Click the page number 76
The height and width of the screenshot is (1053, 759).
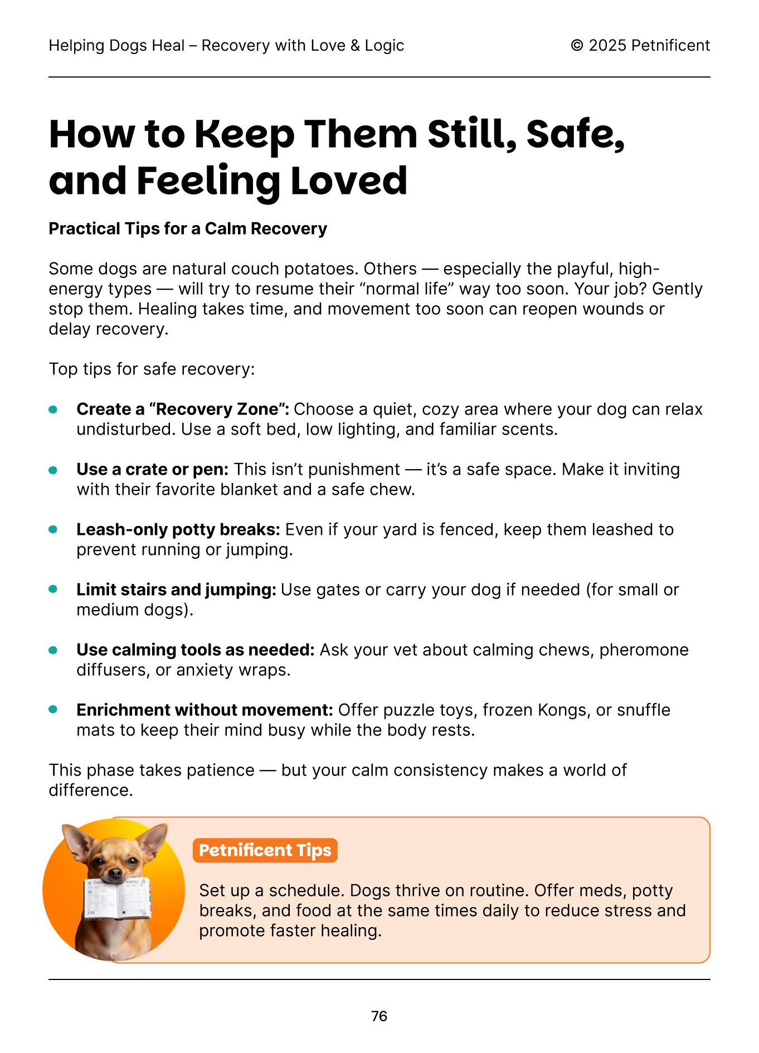click(379, 1016)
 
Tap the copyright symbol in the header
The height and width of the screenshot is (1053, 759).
click(577, 46)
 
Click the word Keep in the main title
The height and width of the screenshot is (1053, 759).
click(244, 135)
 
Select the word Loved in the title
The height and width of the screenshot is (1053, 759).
click(349, 181)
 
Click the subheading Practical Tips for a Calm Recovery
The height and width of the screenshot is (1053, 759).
click(188, 229)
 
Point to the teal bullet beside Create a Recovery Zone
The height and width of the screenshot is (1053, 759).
click(53, 409)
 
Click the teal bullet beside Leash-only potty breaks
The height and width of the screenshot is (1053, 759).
click(53, 530)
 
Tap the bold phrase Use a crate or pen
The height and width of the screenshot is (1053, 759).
click(152, 470)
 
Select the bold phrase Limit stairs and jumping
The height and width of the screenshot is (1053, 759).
click(176, 590)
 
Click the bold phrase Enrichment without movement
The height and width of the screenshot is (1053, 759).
click(205, 710)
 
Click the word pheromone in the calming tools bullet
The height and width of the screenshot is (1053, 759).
click(644, 650)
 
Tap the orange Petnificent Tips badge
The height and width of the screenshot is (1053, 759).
click(265, 850)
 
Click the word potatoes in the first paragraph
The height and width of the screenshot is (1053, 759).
click(321, 269)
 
